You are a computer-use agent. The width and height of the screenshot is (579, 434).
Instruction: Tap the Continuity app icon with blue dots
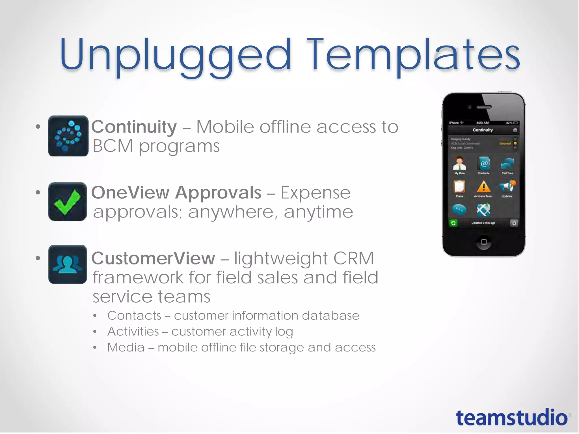[x=68, y=136]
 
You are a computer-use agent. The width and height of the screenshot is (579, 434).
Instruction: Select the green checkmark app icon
[x=68, y=201]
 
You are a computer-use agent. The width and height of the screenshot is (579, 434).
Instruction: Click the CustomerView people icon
[x=68, y=264]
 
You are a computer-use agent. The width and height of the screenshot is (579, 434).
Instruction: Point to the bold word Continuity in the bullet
[x=134, y=127]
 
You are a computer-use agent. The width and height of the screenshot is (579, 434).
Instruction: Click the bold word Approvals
[x=218, y=193]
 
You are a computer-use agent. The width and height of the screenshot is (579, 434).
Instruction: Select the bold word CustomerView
[x=153, y=258]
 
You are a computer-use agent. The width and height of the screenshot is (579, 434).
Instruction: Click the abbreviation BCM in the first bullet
[x=113, y=146]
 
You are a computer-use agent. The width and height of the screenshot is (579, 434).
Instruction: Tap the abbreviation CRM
[x=353, y=258]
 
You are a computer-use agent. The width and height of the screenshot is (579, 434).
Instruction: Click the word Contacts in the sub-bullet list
[x=134, y=316]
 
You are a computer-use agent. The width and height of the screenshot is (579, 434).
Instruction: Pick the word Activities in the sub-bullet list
[x=133, y=331]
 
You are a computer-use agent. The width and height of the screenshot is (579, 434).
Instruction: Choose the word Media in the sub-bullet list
[x=126, y=347]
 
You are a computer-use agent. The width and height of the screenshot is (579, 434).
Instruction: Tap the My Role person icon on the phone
[x=459, y=164]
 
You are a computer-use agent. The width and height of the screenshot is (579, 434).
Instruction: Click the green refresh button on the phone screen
[x=453, y=223]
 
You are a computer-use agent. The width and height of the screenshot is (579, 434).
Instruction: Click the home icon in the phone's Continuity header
[x=515, y=130]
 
